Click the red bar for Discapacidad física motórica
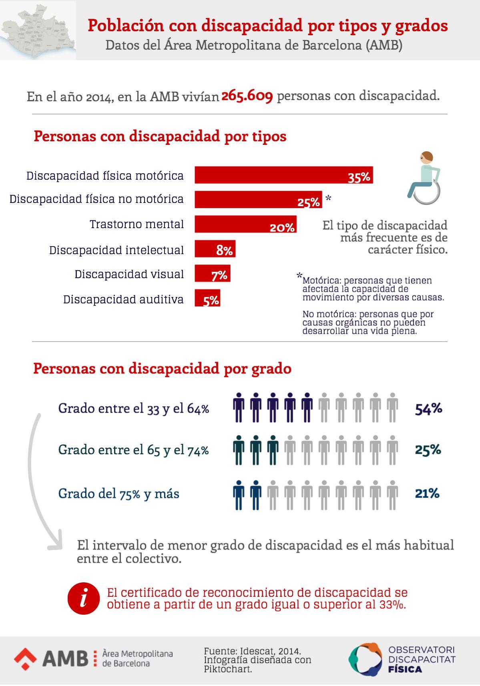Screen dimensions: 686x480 pyautogui.click(x=283, y=175)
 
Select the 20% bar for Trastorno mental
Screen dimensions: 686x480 pyautogui.click(x=245, y=224)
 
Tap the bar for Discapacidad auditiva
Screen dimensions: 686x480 pyautogui.click(x=207, y=298)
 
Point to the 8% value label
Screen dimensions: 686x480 pyautogui.click(x=224, y=251)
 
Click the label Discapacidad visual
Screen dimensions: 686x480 pyautogui.click(x=129, y=275)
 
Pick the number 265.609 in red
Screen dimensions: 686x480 pyautogui.click(x=247, y=96)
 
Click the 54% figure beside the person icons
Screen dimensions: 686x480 pyautogui.click(x=428, y=409)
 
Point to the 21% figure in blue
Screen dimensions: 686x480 pyautogui.click(x=427, y=493)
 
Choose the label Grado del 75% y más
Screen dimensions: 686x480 pyautogui.click(x=118, y=493)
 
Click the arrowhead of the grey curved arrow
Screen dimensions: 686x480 pyautogui.click(x=54, y=541)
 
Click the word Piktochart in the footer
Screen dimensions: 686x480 pyautogui.click(x=228, y=669)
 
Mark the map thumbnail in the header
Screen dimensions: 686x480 pyautogui.click(x=38, y=30)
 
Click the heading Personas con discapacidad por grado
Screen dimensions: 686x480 pyautogui.click(x=162, y=368)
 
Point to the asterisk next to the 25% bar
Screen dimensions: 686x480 pyautogui.click(x=328, y=198)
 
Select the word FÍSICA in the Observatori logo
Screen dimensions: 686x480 pyautogui.click(x=405, y=669)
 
